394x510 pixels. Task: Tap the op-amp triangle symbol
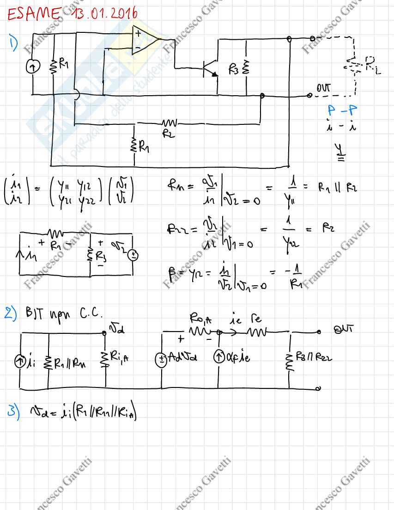145,40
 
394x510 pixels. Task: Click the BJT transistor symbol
208,68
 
